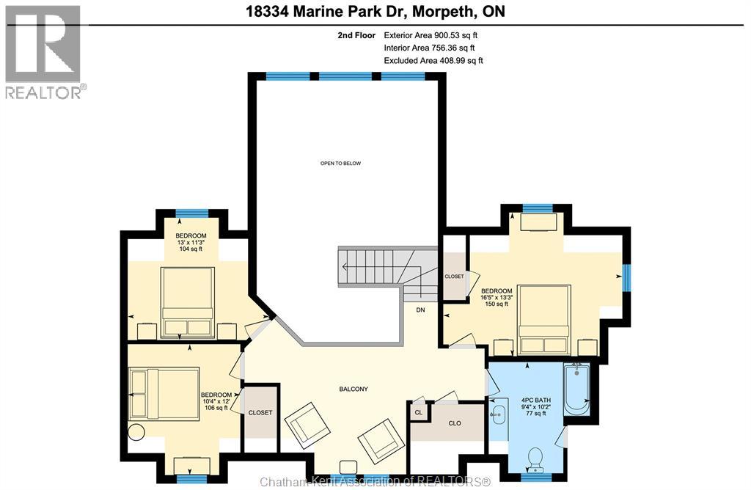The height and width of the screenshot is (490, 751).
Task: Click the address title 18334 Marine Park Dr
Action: point(375,12)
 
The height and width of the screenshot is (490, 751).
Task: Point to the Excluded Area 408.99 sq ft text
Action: point(433,61)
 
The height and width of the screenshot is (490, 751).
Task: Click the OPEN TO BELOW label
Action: point(340,163)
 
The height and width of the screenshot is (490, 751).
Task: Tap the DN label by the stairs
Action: point(420,310)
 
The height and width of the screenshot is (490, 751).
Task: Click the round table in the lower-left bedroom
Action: point(136,431)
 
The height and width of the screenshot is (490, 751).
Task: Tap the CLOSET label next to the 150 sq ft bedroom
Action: point(454,277)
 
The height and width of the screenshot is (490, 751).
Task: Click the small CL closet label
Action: point(418,412)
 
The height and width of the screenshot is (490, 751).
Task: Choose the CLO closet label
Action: point(454,423)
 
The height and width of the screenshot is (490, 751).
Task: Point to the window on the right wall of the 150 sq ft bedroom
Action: point(626,279)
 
